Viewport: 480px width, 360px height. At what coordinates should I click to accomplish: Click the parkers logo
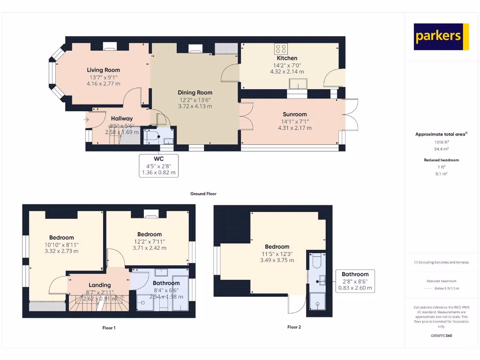coord(441,37)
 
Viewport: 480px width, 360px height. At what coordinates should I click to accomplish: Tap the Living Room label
coord(103,70)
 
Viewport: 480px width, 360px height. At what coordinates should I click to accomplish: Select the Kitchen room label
coord(286,58)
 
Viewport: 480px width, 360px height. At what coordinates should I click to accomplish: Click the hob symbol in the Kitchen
coord(281,48)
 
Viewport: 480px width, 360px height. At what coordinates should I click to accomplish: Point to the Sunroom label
coord(294,114)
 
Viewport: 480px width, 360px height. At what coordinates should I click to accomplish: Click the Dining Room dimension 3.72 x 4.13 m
coord(195,106)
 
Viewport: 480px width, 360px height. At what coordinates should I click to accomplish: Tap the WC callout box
coord(159,165)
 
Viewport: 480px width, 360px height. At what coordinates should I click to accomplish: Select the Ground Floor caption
coord(203,194)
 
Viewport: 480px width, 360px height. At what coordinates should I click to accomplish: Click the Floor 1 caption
coord(109,328)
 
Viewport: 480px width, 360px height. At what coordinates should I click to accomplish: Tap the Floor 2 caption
coord(294,327)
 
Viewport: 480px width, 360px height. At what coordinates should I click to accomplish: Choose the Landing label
coord(100,285)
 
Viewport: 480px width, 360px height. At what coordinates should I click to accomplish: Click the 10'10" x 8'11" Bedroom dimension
coord(61,244)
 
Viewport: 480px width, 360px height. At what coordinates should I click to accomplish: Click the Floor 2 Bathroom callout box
coord(355,281)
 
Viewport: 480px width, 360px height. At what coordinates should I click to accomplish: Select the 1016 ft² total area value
coord(441,142)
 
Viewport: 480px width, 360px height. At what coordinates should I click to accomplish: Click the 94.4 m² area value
coord(441,149)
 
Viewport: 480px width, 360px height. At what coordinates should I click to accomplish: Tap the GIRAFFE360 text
coord(441,336)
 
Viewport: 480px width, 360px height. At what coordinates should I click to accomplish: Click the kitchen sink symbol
coord(298,83)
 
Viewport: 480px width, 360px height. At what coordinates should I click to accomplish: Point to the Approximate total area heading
coord(441,135)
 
